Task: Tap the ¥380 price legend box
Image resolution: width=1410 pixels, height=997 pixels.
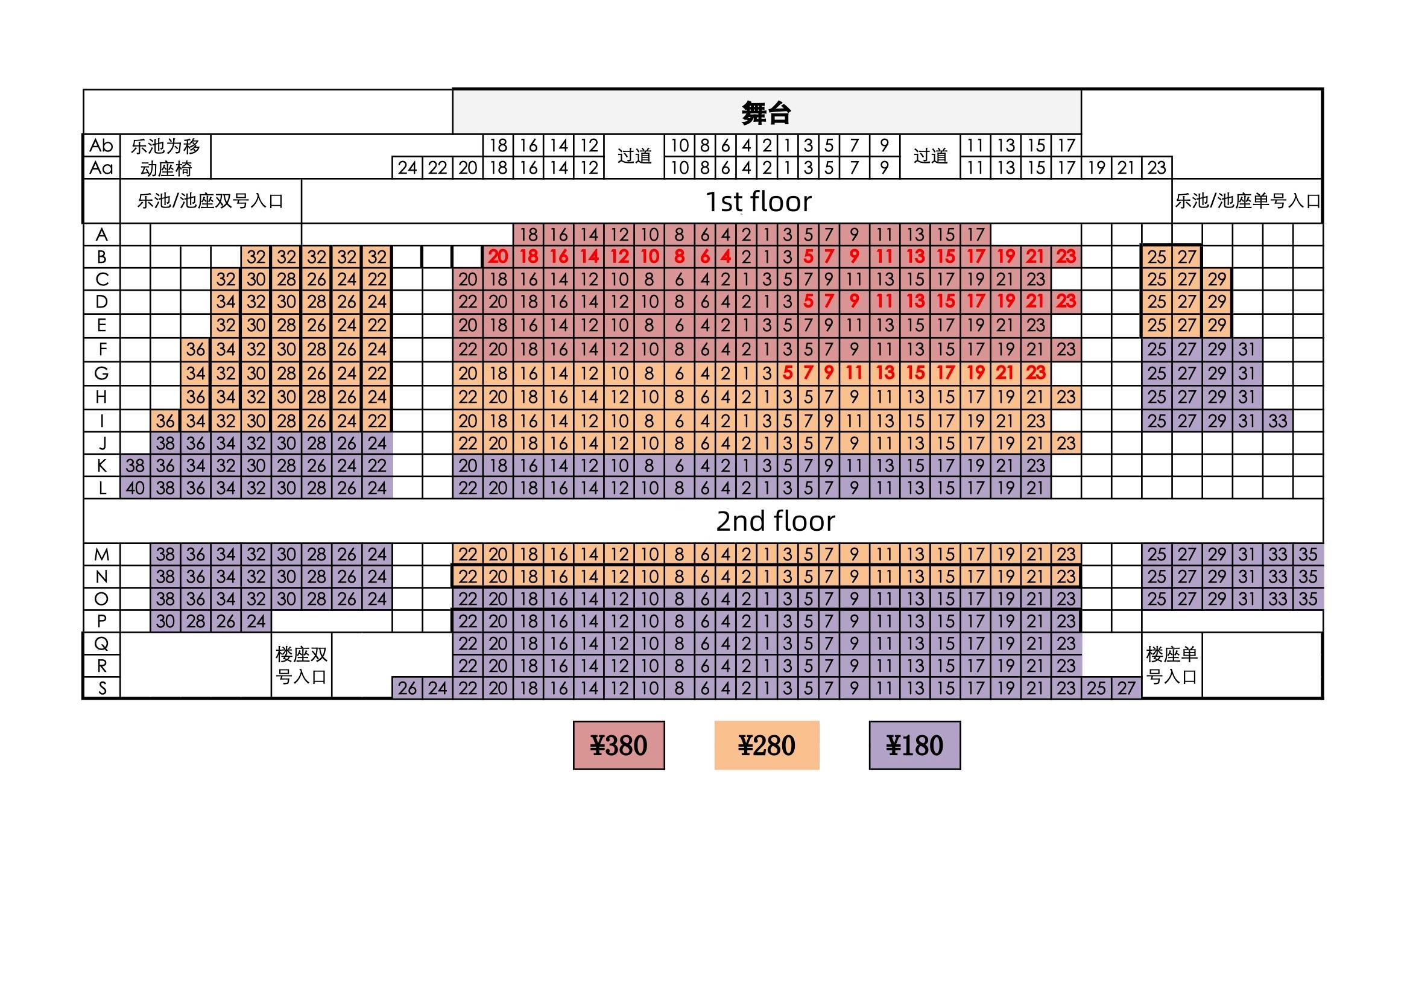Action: pyautogui.click(x=618, y=745)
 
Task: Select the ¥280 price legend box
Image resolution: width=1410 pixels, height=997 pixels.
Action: pyautogui.click(x=767, y=745)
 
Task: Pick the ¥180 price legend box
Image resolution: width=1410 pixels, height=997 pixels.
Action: pyautogui.click(x=914, y=745)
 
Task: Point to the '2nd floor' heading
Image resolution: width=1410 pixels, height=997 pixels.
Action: pyautogui.click(x=775, y=521)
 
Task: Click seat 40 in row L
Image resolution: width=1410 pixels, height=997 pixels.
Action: pyautogui.click(x=135, y=489)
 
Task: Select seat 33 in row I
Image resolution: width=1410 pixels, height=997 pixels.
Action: pyautogui.click(x=1277, y=422)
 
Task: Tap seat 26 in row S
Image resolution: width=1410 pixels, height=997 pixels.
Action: pyautogui.click(x=407, y=688)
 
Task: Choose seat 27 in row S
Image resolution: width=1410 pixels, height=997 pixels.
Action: pyautogui.click(x=1127, y=688)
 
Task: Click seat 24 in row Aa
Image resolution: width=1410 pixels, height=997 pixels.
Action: pyautogui.click(x=407, y=168)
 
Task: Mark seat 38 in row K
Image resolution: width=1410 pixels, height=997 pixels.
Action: pyautogui.click(x=135, y=466)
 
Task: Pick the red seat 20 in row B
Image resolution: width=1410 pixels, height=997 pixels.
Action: pyautogui.click(x=498, y=257)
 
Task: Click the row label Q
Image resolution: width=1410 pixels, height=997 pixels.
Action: pyautogui.click(x=102, y=643)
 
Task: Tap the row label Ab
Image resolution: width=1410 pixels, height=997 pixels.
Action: pyautogui.click(x=102, y=145)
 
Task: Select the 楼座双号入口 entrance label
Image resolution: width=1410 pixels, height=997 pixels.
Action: pyautogui.click(x=301, y=665)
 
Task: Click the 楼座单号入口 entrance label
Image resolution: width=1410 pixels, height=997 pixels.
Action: pyautogui.click(x=1171, y=665)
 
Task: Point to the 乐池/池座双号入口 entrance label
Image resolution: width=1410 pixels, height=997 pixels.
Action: pyautogui.click(x=210, y=201)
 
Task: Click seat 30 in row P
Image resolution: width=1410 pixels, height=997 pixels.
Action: pyautogui.click(x=165, y=621)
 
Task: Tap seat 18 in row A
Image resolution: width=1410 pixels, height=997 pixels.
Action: pyautogui.click(x=528, y=235)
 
